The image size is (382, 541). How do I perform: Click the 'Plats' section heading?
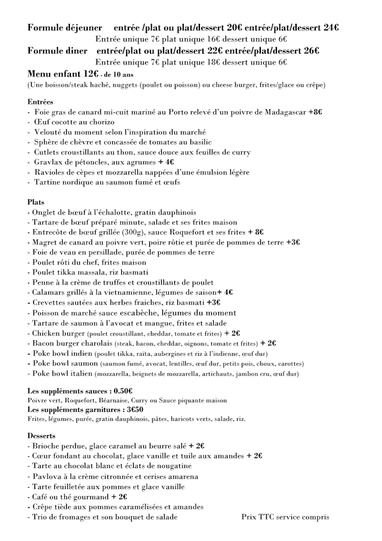(36, 202)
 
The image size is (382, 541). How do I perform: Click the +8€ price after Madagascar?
(315, 112)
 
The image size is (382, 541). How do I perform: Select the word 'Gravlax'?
(47, 162)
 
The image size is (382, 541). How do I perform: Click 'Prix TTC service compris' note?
(285, 516)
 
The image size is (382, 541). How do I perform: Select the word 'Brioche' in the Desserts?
(47, 446)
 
